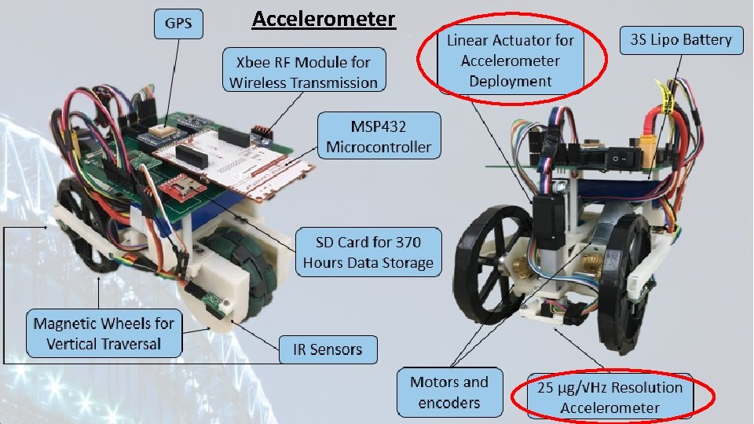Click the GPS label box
click(177, 24)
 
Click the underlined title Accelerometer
click(324, 18)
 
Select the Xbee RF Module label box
click(304, 71)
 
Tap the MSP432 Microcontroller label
click(379, 136)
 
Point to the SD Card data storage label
click(368, 251)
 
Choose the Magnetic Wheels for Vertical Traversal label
click(104, 333)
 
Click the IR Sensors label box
click(328, 349)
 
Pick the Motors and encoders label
click(448, 392)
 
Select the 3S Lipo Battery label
click(681, 39)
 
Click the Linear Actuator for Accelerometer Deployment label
click(511, 60)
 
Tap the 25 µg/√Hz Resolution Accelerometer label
click(609, 397)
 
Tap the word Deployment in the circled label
click(511, 81)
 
